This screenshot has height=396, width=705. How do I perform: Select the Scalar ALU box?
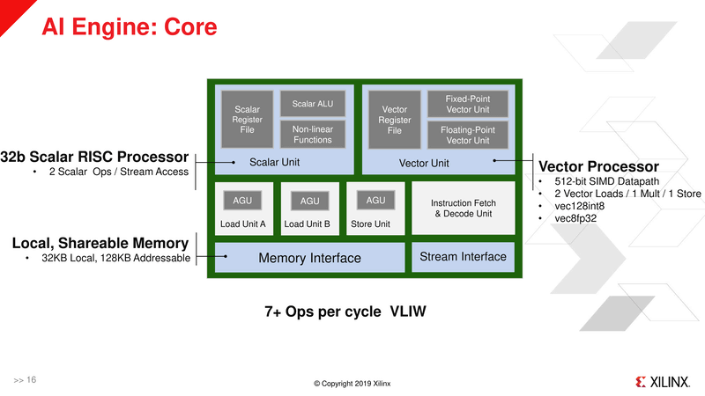click(313, 104)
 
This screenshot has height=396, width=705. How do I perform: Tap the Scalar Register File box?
click(247, 121)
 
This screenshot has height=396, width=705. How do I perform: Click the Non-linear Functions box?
click(313, 134)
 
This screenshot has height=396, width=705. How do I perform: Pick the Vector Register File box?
click(394, 121)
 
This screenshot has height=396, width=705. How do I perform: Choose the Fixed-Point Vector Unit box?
click(468, 104)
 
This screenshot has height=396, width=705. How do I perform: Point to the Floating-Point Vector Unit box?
click(468, 135)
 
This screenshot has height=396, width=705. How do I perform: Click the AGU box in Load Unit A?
click(242, 201)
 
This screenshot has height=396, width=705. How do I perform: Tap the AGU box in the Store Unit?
click(375, 201)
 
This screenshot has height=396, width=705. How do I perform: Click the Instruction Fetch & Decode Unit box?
click(464, 209)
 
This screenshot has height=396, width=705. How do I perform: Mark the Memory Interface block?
click(309, 258)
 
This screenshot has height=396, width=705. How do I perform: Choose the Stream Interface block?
click(464, 257)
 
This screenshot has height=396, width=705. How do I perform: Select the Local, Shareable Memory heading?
click(100, 243)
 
